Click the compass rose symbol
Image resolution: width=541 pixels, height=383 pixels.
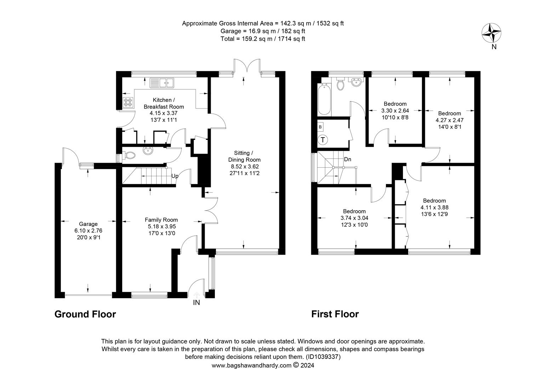tap(491, 33)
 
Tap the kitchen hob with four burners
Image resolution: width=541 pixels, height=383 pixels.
tap(128, 102)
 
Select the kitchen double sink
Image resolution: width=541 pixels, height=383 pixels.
tap(162, 83)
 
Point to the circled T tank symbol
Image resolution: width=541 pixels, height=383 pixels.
tap(323, 140)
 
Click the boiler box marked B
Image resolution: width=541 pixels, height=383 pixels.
tap(320, 127)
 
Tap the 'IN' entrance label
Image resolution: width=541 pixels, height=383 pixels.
tap(196, 302)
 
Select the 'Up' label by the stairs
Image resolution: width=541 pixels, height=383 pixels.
tap(175, 176)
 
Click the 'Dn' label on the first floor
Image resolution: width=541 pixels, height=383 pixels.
tap(347, 160)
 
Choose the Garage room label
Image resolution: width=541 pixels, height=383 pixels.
tap(88, 224)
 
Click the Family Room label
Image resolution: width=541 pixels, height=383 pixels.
tap(161, 220)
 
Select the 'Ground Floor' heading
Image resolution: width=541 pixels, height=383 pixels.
tap(85, 314)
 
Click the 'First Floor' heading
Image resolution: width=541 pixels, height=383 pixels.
tap(335, 314)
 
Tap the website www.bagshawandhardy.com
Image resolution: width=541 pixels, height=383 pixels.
tap(251, 365)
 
